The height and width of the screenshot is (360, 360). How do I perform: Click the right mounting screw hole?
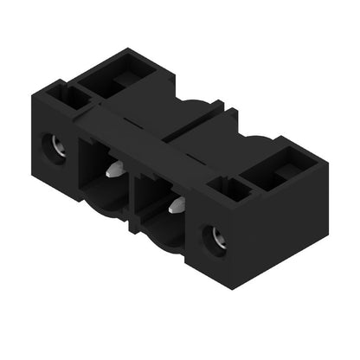coord(214,239)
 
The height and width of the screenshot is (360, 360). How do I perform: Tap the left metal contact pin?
coord(112,170)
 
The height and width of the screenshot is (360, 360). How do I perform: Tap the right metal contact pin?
coord(177,206)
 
